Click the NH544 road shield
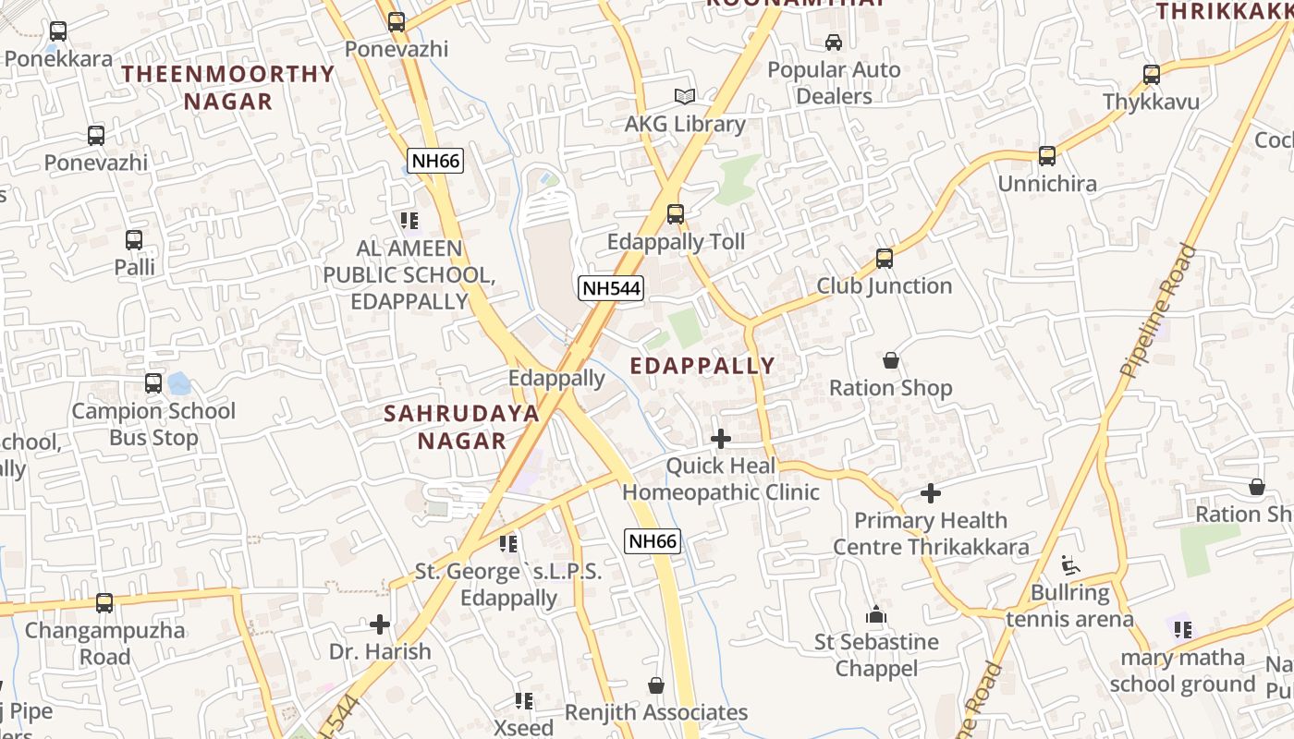click(611, 288)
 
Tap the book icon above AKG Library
click(684, 96)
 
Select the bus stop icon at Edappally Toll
click(676, 214)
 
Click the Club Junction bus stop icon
click(885, 259)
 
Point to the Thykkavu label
click(1151, 102)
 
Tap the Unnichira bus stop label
click(1047, 183)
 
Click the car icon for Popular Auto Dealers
click(834, 42)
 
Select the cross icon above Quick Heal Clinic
click(721, 439)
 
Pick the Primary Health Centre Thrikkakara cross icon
click(931, 493)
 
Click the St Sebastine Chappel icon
click(875, 614)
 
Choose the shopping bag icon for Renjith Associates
click(656, 685)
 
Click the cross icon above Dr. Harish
click(380, 624)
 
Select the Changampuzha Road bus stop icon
click(104, 603)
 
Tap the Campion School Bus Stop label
click(153, 424)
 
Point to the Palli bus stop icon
click(134, 240)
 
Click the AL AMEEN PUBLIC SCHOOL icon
click(409, 221)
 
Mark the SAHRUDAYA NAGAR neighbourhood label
click(461, 427)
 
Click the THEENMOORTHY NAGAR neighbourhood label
click(228, 88)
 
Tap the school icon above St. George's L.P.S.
click(507, 544)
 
